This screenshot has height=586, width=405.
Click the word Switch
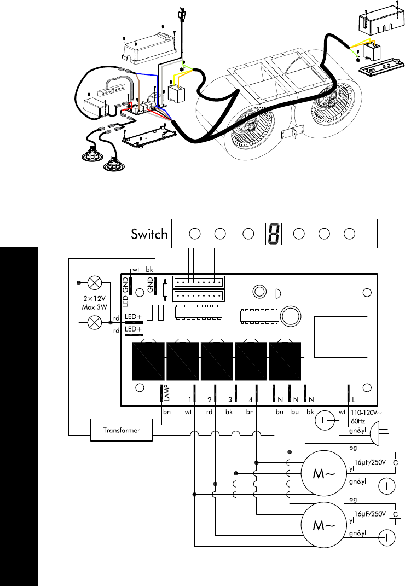[x=149, y=234]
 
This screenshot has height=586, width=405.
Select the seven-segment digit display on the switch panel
[x=273, y=234]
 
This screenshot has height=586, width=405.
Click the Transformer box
[x=121, y=430]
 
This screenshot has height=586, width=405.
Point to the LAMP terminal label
[x=167, y=393]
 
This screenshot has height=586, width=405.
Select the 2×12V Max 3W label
[x=95, y=303]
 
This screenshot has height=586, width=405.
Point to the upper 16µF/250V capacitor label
[x=370, y=462]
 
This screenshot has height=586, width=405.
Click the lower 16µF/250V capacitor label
[x=370, y=514]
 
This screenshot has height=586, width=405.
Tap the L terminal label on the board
[x=354, y=400]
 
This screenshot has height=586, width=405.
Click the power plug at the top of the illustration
[x=182, y=15]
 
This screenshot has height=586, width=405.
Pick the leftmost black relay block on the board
[x=148, y=361]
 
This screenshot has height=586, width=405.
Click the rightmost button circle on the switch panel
[x=349, y=234]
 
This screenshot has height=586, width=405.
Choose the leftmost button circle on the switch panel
[x=195, y=234]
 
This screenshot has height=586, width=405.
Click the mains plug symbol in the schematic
[x=378, y=433]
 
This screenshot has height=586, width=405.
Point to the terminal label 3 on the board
[x=230, y=400]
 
